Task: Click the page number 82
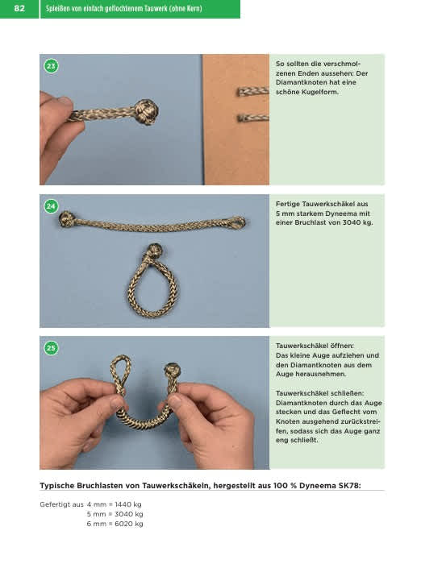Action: pos(19,8)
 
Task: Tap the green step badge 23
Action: pos(51,66)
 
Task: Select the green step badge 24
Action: pos(51,206)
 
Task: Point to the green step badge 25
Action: pos(51,348)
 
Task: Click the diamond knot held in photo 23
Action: pos(146,112)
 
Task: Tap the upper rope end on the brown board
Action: pos(252,91)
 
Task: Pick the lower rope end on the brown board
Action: pos(252,118)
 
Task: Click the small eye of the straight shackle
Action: pos(236,222)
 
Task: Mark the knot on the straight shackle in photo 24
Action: pos(67,219)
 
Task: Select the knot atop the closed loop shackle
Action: pos(154,251)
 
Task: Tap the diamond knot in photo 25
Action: pos(172,370)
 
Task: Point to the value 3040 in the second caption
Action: pos(352,222)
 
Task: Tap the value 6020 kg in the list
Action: pos(128,524)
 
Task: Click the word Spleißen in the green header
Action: pos(57,8)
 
